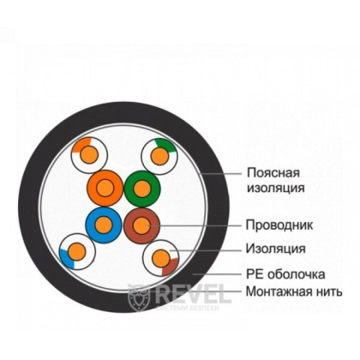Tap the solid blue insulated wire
(x=103, y=225)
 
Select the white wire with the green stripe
(x=159, y=154)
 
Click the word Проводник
(x=278, y=225)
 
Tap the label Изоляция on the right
(x=275, y=249)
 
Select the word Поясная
(x=273, y=171)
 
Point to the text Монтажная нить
(x=294, y=292)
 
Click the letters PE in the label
(x=254, y=275)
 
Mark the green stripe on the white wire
(x=167, y=146)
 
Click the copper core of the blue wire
(x=103, y=225)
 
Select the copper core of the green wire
(x=141, y=187)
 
